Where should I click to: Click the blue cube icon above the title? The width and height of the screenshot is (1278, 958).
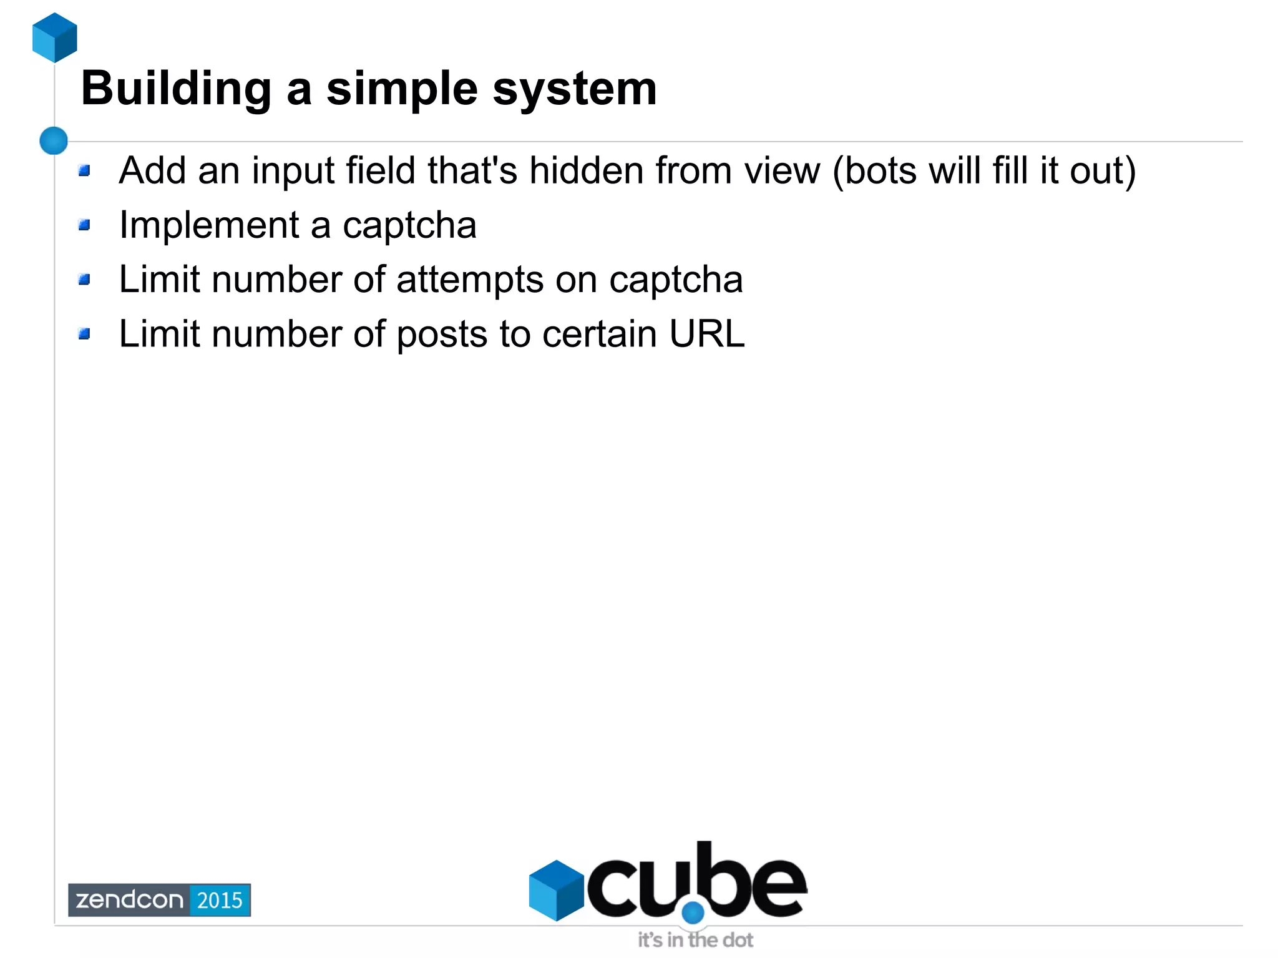(55, 37)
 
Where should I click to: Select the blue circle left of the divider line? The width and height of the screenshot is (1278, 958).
(54, 140)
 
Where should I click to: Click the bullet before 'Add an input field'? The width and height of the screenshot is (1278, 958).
(85, 170)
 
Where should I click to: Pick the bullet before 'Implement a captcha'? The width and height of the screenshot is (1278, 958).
(85, 225)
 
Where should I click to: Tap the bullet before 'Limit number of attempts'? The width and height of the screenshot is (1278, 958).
(85, 280)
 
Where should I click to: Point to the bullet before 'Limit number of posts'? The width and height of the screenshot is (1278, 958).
(85, 335)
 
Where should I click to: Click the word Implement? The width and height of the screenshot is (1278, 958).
(210, 225)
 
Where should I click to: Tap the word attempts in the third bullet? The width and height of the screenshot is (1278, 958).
(470, 280)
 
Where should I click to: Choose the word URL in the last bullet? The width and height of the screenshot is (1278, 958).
(706, 334)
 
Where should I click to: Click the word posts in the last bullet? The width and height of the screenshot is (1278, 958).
(442, 335)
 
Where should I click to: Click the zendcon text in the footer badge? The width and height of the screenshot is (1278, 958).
(130, 900)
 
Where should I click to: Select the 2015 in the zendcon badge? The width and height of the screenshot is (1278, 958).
(220, 900)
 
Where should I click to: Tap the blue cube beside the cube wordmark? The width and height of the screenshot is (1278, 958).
(556, 890)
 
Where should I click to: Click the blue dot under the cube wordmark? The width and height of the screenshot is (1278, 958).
(693, 912)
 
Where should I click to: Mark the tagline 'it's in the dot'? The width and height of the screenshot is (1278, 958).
(695, 940)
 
